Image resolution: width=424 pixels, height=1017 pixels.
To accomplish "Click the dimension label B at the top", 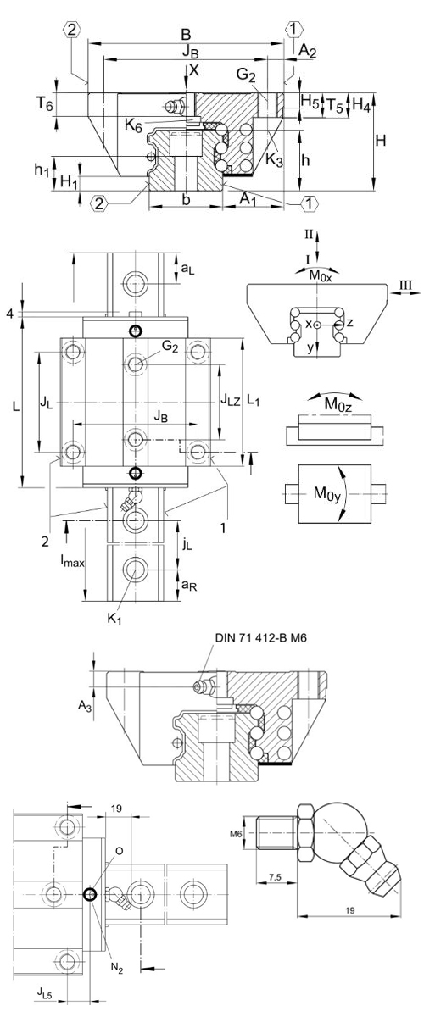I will (187, 35).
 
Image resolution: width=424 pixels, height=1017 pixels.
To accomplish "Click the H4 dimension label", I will (361, 104).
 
